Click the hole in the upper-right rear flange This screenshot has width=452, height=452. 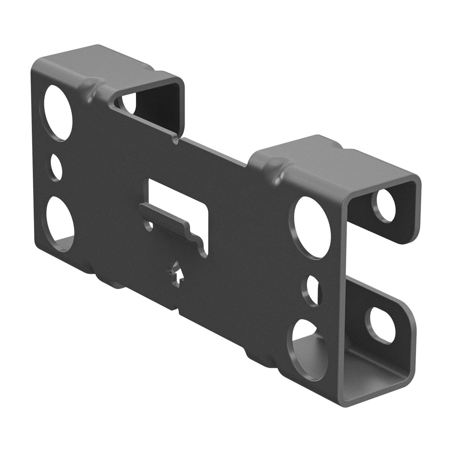(x=387, y=205)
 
